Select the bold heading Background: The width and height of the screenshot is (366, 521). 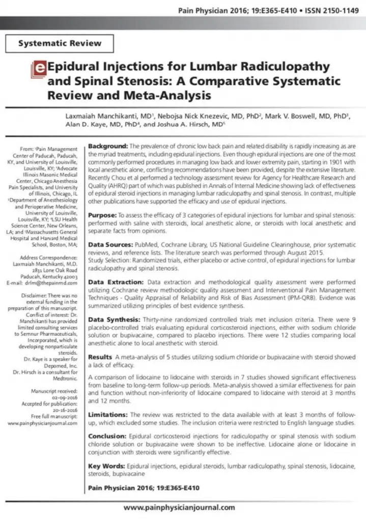click(x=108, y=146)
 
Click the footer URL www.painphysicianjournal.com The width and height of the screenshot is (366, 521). click(x=179, y=507)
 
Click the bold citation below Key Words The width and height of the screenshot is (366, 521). click(x=144, y=488)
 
